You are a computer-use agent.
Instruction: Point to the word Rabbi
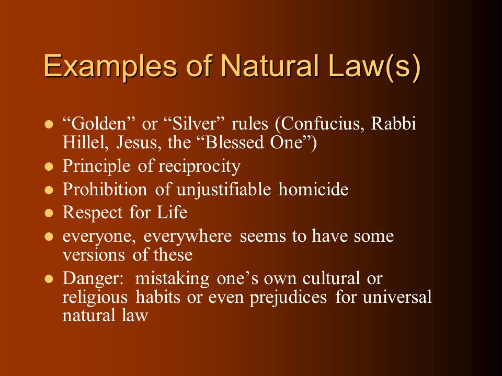[x=393, y=123]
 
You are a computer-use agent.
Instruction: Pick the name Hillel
[x=85, y=142]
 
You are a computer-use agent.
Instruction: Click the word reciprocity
[x=199, y=167]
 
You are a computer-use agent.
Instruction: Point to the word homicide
[x=313, y=189]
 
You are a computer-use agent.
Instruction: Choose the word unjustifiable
[x=223, y=190]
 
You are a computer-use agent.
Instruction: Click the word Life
[x=172, y=213]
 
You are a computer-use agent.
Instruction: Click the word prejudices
[x=288, y=298]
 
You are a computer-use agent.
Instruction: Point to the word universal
[x=397, y=297]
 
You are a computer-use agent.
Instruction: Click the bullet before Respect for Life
[x=49, y=213]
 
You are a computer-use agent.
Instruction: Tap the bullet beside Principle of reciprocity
[x=49, y=167]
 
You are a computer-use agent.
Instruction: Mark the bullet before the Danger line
[x=49, y=279]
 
